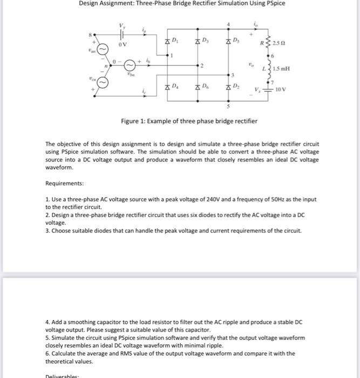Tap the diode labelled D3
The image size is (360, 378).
click(198, 42)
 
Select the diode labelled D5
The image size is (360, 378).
click(229, 42)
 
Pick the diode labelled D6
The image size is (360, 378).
click(198, 88)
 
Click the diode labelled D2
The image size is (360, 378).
click(229, 88)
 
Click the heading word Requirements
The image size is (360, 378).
click(65, 184)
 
